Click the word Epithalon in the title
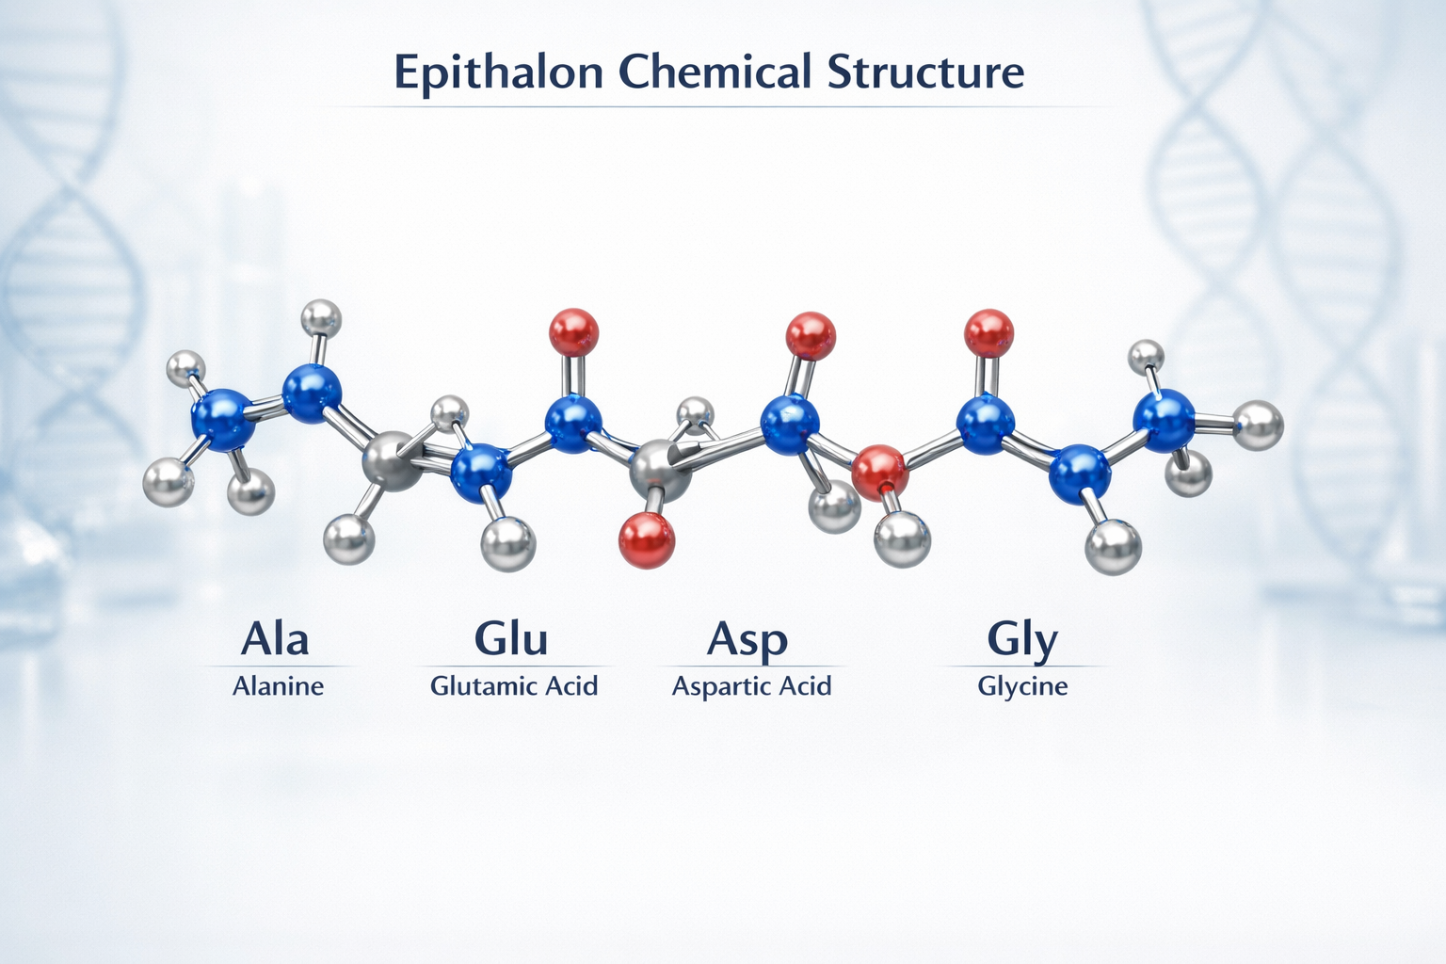click(497, 73)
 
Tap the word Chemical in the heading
click(715, 72)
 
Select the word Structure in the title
click(926, 72)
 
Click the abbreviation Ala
click(275, 638)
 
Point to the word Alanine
click(278, 686)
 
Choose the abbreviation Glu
click(511, 638)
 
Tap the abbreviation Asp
click(747, 640)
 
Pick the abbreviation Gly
click(1022, 640)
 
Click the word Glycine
click(1022, 686)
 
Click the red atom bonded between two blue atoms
click(880, 473)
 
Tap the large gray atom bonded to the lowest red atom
click(660, 470)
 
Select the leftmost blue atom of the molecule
click(223, 419)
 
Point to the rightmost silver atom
click(1258, 426)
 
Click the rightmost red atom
click(988, 333)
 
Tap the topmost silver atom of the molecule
click(320, 317)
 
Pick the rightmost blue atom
click(1164, 419)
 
